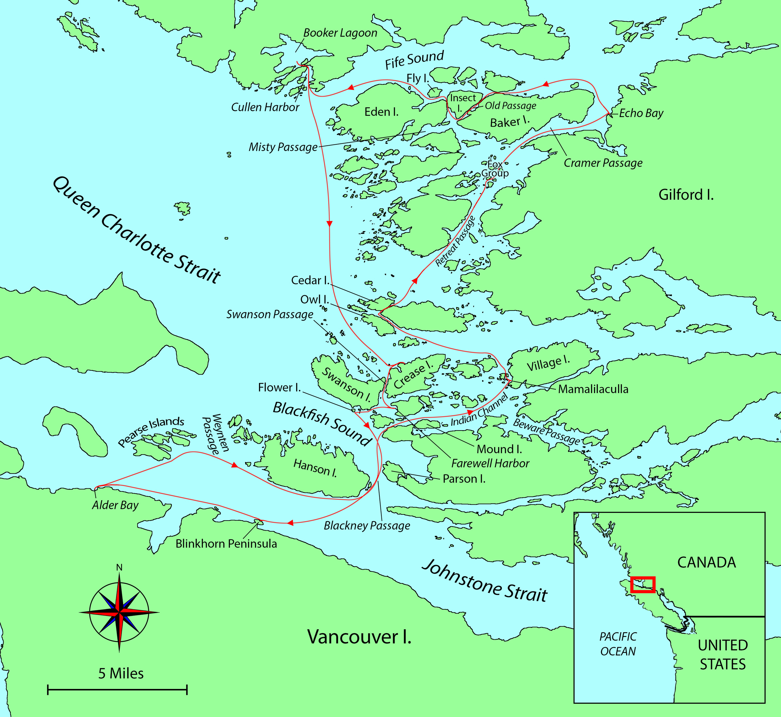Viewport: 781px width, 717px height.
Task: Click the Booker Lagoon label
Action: (340, 33)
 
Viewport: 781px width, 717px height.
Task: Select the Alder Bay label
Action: (115, 505)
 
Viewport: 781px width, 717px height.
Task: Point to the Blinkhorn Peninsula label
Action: (226, 544)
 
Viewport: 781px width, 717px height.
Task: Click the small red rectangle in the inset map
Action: (643, 584)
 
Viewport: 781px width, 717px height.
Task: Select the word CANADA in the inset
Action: (706, 563)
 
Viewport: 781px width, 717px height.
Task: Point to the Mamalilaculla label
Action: (593, 389)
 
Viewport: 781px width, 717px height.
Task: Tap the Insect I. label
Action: (462, 102)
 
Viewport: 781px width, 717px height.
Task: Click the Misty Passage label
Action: (283, 147)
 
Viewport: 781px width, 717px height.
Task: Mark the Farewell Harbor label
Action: (490, 463)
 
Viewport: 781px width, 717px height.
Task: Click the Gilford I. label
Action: (686, 195)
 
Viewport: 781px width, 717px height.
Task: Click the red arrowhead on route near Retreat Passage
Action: (415, 281)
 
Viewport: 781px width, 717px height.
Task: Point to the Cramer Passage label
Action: (603, 163)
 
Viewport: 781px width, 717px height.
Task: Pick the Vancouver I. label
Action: (359, 637)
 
